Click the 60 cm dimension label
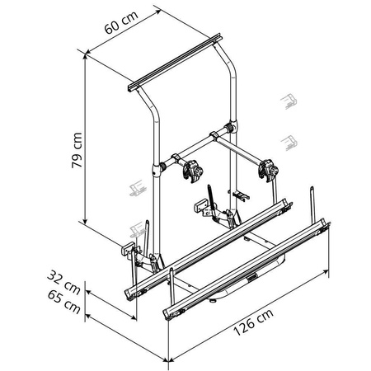[121, 22]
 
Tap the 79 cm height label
[77, 150]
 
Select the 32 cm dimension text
[63, 282]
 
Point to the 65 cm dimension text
[64, 302]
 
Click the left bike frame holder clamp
[193, 172]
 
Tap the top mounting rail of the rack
[175, 63]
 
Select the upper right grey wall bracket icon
[289, 101]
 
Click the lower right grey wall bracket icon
[289, 143]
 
